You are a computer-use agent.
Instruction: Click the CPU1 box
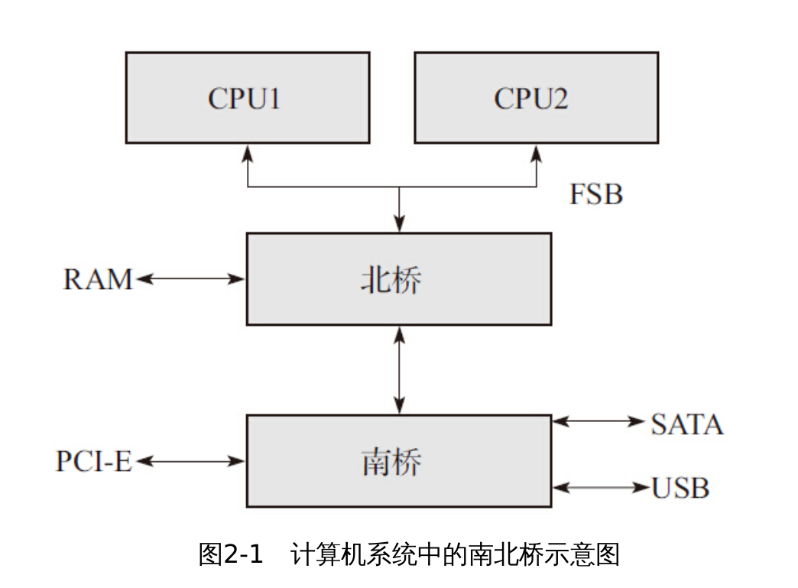coord(247,98)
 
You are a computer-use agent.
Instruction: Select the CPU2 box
coord(535,98)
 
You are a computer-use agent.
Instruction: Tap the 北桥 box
coord(398,279)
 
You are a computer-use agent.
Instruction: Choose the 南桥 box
coord(398,461)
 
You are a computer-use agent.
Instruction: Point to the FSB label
coord(595,194)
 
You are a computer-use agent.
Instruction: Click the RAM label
coord(97,279)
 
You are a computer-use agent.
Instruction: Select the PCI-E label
coord(93,462)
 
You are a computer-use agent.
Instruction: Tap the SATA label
coord(686,424)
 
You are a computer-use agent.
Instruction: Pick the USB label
coord(680,488)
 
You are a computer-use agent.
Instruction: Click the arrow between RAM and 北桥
coord(190,279)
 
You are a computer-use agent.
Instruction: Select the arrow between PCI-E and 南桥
coord(190,461)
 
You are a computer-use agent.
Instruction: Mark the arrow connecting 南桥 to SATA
coord(599,421)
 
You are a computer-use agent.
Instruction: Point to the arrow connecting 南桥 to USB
coord(599,487)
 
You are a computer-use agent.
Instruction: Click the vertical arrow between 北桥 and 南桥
coord(398,370)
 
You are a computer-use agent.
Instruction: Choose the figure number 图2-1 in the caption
coord(231,554)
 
